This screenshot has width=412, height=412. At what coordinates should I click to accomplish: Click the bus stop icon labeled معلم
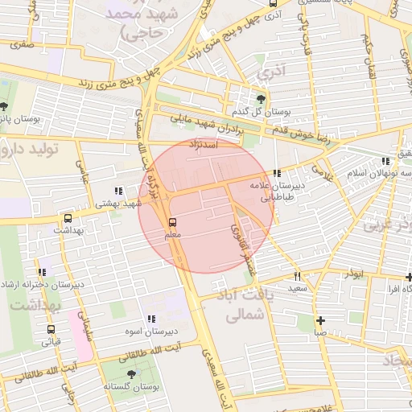[171, 222]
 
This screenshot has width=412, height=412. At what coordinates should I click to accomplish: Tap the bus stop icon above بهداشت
[67, 218]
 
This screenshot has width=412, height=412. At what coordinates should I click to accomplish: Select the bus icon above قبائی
[51, 329]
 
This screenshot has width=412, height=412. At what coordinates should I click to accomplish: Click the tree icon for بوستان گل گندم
[260, 98]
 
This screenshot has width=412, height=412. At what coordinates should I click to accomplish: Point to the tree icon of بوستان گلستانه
[131, 374]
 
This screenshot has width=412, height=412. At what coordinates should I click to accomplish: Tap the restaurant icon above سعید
[297, 274]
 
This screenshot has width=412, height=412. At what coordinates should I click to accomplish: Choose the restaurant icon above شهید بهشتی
[118, 192]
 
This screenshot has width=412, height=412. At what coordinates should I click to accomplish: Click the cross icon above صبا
[320, 319]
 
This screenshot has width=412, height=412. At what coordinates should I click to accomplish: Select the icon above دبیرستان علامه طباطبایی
[278, 173]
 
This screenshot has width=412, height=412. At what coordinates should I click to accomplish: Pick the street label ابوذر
[352, 274]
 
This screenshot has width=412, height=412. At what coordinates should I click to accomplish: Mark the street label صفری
[22, 45]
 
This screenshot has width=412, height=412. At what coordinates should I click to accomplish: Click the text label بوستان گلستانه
[132, 387]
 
